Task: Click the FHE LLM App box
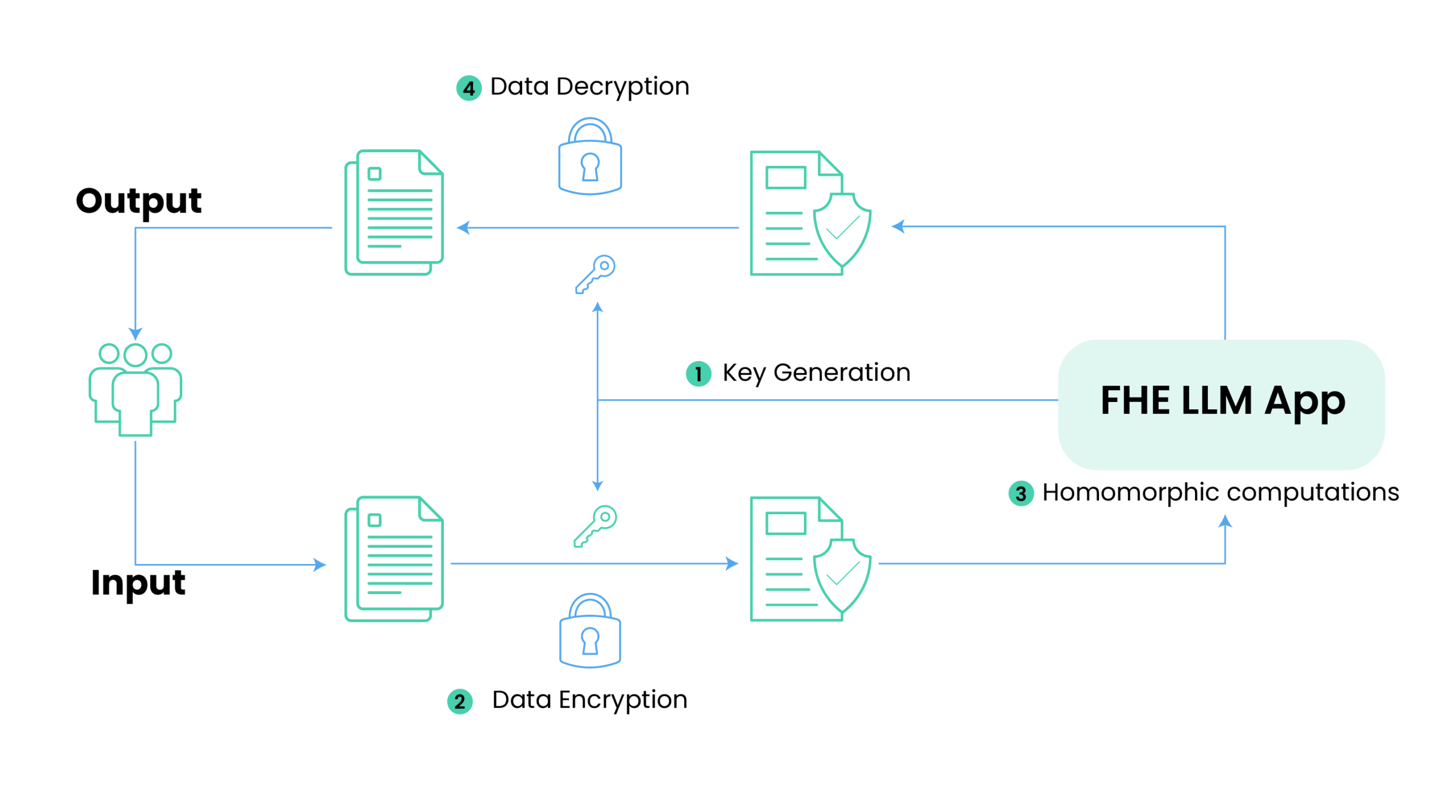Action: pos(1221,404)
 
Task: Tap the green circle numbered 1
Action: pos(698,373)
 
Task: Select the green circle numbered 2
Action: pos(459,701)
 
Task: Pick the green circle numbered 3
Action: pos(1021,493)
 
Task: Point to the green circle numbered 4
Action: pos(468,88)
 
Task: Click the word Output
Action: pos(139,202)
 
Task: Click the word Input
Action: pos(138,583)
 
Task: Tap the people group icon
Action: pos(135,389)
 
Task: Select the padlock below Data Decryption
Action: pos(590,156)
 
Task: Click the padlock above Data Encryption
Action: pos(590,630)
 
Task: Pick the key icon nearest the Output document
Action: pos(595,274)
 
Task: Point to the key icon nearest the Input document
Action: pos(595,526)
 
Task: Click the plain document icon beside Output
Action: pos(394,212)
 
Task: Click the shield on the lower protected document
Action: pos(842,576)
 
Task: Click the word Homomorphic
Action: pos(1130,493)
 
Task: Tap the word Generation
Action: pos(841,372)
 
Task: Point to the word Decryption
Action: pos(623,88)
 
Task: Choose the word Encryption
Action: pos(623,700)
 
